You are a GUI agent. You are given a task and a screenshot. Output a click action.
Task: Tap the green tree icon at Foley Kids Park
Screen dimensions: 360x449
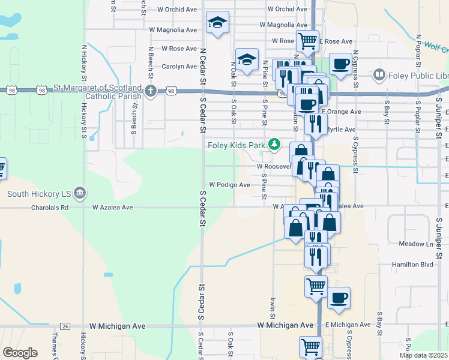coord(274,144)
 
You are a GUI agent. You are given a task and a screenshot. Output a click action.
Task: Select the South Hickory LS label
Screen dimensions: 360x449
coord(40,193)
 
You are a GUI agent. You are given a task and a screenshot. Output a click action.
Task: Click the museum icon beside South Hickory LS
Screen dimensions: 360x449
coord(81,193)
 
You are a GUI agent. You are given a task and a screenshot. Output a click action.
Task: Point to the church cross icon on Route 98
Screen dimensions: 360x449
coord(150,91)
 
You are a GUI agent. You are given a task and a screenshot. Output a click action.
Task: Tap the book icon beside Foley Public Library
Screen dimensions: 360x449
coord(379,75)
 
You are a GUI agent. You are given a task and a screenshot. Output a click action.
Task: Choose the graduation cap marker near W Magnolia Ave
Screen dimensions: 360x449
coord(217,23)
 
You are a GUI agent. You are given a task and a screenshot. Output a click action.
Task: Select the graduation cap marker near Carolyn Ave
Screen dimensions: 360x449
coord(247,59)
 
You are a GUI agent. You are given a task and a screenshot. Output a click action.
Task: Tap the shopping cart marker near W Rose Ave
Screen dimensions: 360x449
coord(307,41)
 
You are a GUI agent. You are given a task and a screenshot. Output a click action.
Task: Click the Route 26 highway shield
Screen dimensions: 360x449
coord(65,326)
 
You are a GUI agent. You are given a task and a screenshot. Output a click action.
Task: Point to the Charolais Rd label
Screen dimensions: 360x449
coord(52,207)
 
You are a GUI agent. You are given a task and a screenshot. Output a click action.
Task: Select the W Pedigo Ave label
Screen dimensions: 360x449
coord(229,185)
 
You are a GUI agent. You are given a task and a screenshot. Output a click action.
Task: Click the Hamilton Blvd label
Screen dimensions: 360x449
coord(414,264)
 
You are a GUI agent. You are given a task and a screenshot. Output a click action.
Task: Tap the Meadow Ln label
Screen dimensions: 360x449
coord(416,244)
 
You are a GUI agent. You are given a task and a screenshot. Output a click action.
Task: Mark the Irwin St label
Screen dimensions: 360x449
coord(272,308)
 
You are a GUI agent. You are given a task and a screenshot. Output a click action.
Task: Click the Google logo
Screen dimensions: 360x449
coord(20,353)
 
